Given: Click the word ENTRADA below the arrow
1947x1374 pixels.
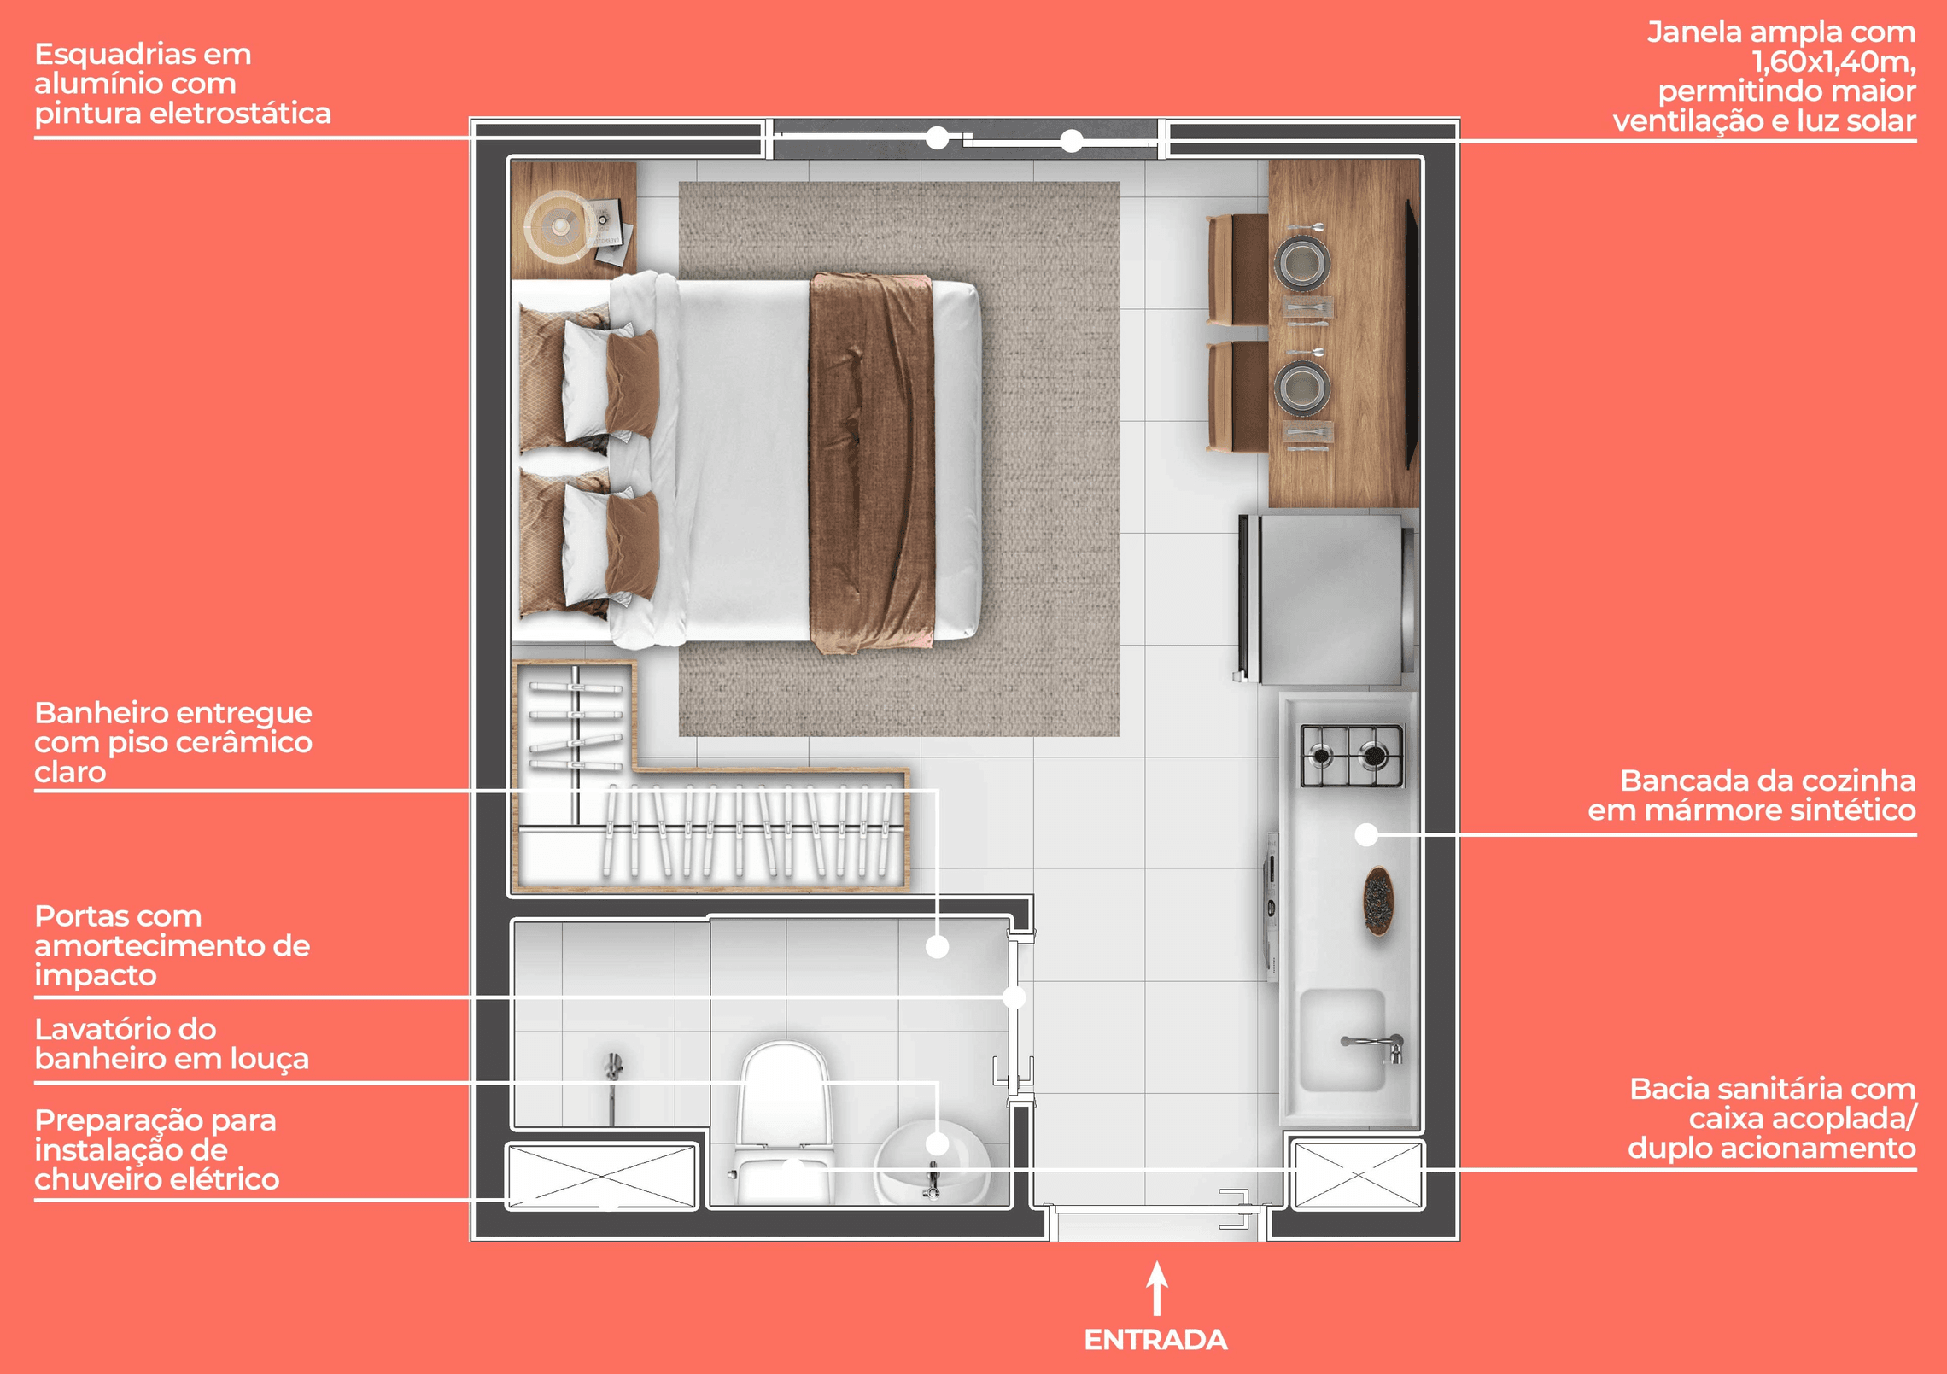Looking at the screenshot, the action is (1155, 1340).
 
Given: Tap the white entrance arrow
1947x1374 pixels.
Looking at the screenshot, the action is (1157, 1288).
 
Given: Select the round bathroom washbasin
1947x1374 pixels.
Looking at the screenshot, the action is (933, 1162).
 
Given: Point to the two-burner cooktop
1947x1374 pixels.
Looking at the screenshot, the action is (1353, 756).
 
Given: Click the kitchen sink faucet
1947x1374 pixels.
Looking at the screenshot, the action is (1374, 1045).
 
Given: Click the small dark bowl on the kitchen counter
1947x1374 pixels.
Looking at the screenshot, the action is (1377, 900).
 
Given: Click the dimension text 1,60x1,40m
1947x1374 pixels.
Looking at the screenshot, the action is (1833, 61).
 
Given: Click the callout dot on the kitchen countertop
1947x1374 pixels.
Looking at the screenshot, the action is (1366, 834).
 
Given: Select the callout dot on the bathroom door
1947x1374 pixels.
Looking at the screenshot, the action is (1014, 997).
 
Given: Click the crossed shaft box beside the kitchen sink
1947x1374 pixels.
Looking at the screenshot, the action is (1357, 1175).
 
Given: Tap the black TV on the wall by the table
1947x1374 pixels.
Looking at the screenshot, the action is (1412, 334).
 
